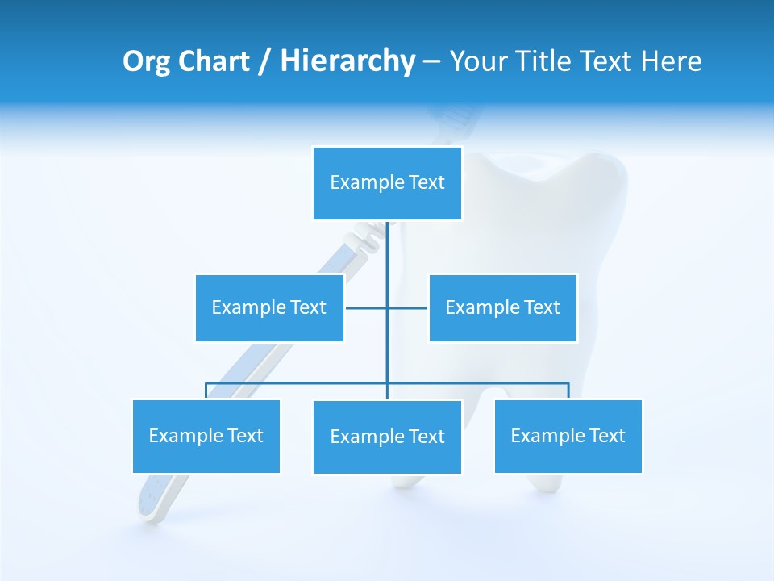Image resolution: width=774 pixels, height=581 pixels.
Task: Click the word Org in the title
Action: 146,61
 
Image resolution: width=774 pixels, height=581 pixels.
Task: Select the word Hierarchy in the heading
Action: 347,61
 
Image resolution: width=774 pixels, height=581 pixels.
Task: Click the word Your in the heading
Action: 476,61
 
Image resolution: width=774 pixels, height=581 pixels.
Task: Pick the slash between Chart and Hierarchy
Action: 264,62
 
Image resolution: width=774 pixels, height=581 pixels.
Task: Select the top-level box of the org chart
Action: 387,183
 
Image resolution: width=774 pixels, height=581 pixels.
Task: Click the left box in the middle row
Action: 269,307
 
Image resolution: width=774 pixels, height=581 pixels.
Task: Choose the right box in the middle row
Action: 502,307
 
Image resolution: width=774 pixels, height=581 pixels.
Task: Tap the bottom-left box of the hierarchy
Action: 206,437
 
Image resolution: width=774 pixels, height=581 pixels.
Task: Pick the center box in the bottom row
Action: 387,437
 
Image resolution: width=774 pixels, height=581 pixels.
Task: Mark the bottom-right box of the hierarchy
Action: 568,437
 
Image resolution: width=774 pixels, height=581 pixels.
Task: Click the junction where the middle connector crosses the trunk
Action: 387,307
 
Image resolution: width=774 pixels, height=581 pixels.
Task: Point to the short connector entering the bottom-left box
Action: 206,391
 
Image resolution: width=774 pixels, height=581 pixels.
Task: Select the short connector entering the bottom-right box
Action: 568,391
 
